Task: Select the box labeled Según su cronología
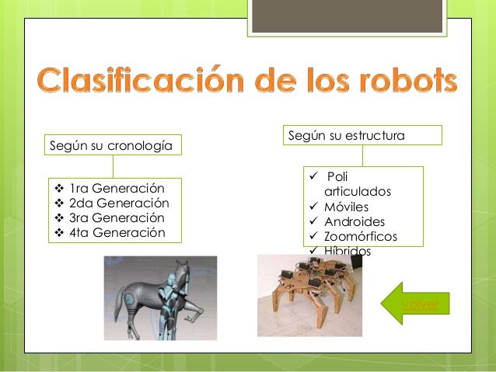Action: [113, 145]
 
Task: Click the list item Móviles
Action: [347, 207]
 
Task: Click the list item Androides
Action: [354, 221]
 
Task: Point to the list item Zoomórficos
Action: [361, 236]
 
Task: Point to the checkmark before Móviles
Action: [313, 207]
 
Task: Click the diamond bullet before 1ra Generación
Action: [58, 189]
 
